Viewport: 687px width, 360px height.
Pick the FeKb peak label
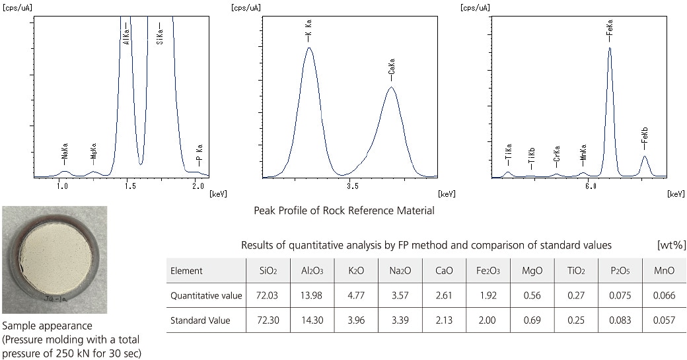pyautogui.click(x=644, y=139)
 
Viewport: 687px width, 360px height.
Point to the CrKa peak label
pyautogui.click(x=557, y=156)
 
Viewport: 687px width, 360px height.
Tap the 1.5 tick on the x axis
pyautogui.click(x=130, y=187)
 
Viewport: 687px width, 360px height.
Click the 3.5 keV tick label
pyautogui.click(x=352, y=187)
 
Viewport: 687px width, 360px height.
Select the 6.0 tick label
pyautogui.click(x=591, y=187)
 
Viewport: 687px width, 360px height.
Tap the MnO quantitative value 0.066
pyautogui.click(x=664, y=295)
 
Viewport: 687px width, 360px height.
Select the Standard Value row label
pyautogui.click(x=200, y=320)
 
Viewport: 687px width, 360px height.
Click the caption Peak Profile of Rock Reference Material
pyautogui.click(x=344, y=211)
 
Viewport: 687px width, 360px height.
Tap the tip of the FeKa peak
pyautogui.click(x=610, y=48)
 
